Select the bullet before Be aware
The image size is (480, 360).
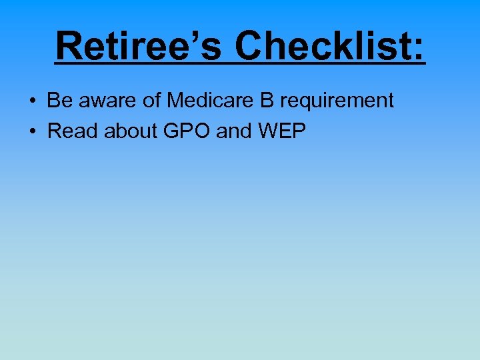coord(33,101)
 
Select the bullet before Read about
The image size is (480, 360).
coord(33,132)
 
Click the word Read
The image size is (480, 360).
coord(69,131)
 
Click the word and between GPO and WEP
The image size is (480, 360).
coord(234,131)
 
